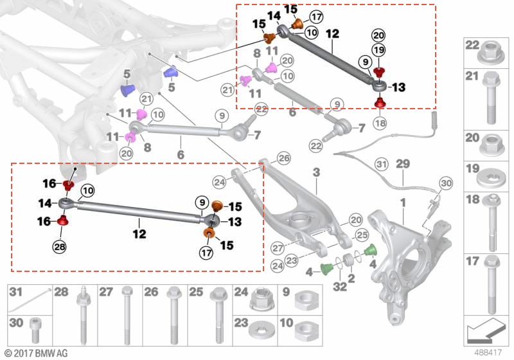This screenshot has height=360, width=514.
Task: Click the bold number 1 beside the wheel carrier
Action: (403, 204)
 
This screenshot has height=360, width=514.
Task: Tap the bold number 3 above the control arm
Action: (316, 172)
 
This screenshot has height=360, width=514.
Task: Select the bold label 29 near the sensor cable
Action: (403, 164)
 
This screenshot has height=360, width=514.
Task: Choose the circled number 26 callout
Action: (284, 158)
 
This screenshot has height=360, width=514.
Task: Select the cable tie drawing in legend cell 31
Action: (33, 295)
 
